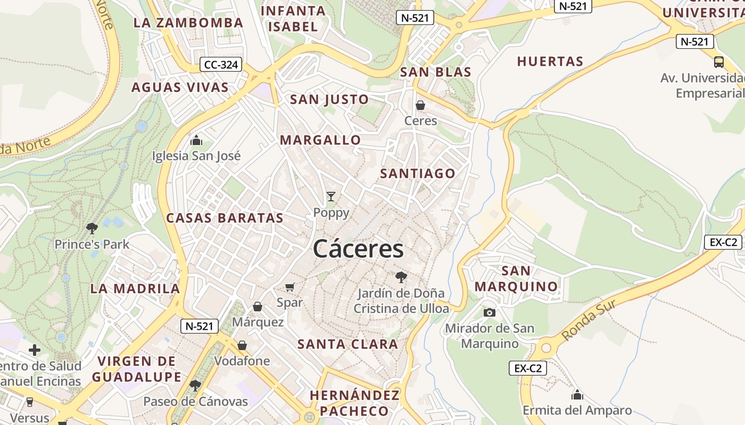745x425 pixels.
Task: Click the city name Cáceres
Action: pos(358,249)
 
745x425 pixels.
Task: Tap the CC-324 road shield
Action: pos(221,65)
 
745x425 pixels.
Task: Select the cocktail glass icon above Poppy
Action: pos(331,197)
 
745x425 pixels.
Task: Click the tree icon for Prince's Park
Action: pos(92,228)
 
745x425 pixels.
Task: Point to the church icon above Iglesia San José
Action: pos(196,141)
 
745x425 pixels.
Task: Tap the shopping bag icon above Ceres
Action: pos(420,105)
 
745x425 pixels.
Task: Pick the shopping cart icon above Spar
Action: pos(290,287)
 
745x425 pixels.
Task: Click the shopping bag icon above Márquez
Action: pos(258,307)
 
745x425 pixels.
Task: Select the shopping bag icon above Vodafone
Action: pos(242,345)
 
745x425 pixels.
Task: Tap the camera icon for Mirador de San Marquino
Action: pos(490,312)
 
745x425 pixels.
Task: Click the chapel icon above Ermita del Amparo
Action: pos(577,395)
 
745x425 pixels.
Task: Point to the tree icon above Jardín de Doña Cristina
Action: pos(401,277)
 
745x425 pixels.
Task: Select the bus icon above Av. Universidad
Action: pos(719,62)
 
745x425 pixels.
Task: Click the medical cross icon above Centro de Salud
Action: pos(35,350)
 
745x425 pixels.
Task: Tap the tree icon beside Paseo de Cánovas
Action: pos(195,385)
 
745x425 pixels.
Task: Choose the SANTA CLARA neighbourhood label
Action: pos(347,344)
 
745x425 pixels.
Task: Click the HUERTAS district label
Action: pos(550,62)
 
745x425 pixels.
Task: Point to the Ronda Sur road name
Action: pos(589,320)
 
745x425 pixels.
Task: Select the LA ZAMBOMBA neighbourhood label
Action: pos(188,23)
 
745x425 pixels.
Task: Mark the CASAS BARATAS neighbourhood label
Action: pos(225,218)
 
